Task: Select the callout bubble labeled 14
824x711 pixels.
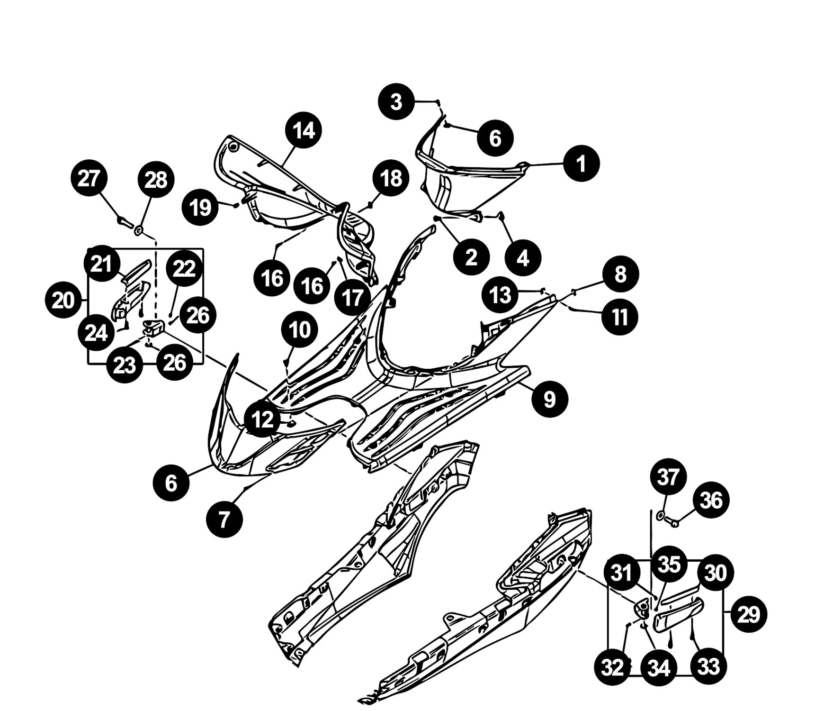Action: click(x=304, y=130)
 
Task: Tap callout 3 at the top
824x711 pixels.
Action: click(x=396, y=101)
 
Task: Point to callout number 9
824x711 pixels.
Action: click(x=549, y=399)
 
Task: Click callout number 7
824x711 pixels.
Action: click(x=224, y=519)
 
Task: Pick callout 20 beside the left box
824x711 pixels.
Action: click(x=63, y=301)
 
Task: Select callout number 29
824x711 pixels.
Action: click(x=749, y=615)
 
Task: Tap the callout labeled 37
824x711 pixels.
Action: click(x=668, y=477)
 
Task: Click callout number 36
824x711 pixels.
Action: click(x=711, y=500)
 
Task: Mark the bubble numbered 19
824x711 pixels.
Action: click(x=201, y=207)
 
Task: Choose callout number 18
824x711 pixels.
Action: click(x=391, y=179)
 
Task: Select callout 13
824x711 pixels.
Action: click(x=500, y=295)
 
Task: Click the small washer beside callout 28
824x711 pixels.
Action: click(x=139, y=230)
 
